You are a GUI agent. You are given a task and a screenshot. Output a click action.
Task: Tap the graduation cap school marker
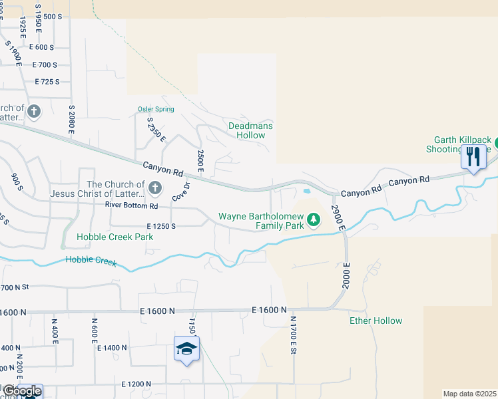pos(186,348)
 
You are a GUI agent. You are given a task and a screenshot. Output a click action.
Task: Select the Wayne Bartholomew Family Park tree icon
pos(315,221)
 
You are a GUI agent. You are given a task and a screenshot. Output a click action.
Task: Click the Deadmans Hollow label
pos(251,130)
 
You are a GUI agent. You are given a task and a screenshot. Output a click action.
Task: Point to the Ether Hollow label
pos(376,321)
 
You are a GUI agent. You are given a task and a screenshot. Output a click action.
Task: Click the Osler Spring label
pos(156,108)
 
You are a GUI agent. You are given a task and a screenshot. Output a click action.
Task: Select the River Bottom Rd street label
pos(131,205)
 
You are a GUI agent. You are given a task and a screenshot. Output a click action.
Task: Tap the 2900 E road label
pos(338,217)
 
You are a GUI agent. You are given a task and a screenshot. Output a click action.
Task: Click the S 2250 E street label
pos(156,129)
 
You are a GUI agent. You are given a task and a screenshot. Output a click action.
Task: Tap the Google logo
pos(21,391)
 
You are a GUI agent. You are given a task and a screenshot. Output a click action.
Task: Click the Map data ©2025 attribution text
pos(469,394)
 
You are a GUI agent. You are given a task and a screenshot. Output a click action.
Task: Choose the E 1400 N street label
pos(112,348)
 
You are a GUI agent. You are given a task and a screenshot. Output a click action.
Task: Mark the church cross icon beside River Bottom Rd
pos(154,188)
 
